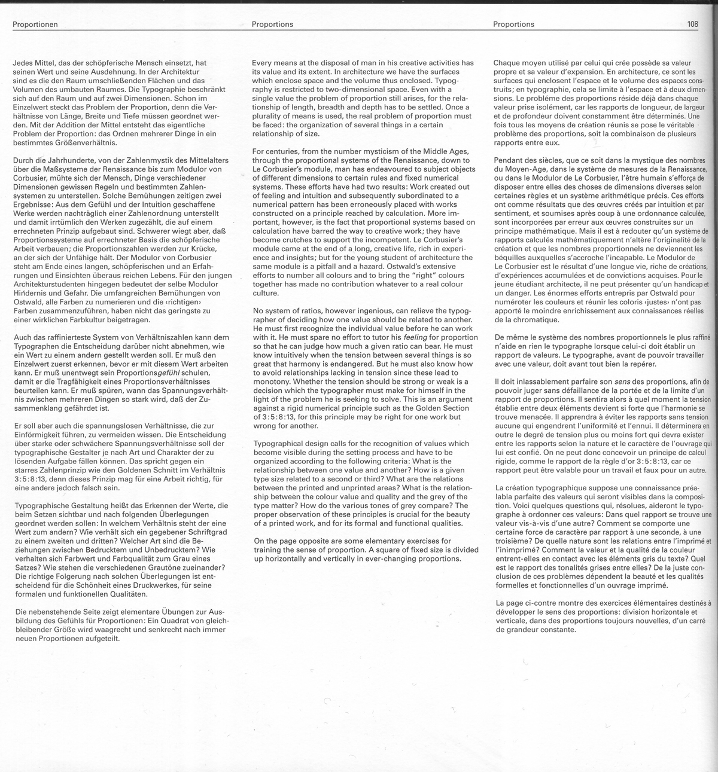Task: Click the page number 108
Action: point(693,25)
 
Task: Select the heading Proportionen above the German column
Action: point(35,25)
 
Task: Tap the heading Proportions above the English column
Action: point(272,25)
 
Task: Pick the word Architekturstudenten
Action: point(53,284)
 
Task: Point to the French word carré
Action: point(689,621)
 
